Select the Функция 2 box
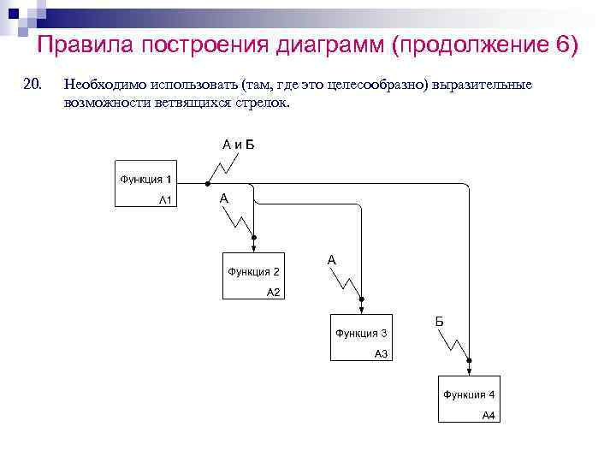255,275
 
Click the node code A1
166,200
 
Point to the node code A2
274,292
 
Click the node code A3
381,353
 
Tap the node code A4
489,416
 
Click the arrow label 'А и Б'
239,144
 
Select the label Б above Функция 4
439,321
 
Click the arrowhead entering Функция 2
255,249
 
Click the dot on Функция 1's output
207,184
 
